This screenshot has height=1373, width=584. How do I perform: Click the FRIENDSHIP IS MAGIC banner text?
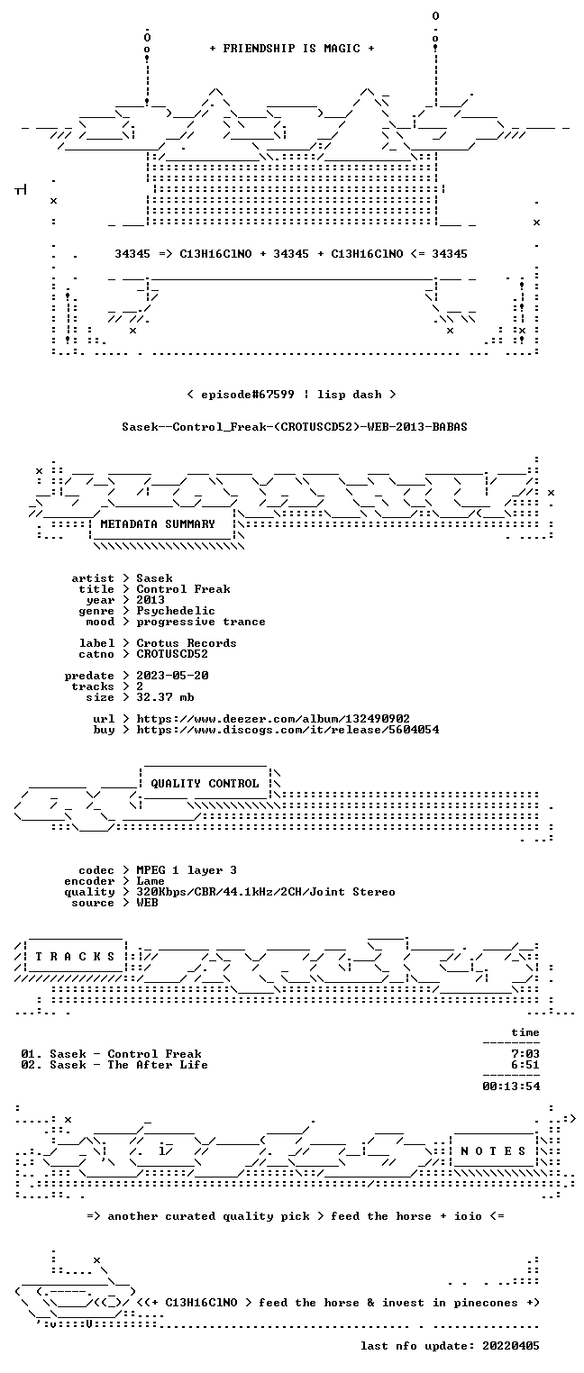[x=292, y=49]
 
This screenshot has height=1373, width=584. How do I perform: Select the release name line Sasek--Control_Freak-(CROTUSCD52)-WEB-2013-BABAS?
[x=295, y=427]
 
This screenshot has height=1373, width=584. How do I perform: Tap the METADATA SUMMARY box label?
[x=158, y=524]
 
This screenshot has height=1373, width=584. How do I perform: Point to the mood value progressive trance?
[x=201, y=622]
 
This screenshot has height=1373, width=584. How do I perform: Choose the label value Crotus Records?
[x=187, y=643]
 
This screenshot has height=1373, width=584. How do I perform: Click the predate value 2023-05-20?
[x=172, y=676]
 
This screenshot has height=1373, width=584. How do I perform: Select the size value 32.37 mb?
[x=165, y=697]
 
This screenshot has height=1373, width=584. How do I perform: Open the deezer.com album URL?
[x=273, y=718]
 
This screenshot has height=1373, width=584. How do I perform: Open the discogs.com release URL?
[x=287, y=730]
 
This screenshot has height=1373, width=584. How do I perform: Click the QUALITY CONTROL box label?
[x=205, y=783]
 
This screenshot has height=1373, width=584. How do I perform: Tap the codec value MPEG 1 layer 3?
[x=187, y=870]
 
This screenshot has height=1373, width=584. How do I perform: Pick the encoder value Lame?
[x=151, y=881]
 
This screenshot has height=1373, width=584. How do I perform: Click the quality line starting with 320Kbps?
[x=266, y=892]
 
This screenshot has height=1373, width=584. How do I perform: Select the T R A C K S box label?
[x=75, y=957]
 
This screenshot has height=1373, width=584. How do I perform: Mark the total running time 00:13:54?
[x=511, y=1087]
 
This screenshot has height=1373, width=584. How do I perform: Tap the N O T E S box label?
[x=493, y=1151]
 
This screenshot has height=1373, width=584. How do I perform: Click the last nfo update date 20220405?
[x=511, y=1345]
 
